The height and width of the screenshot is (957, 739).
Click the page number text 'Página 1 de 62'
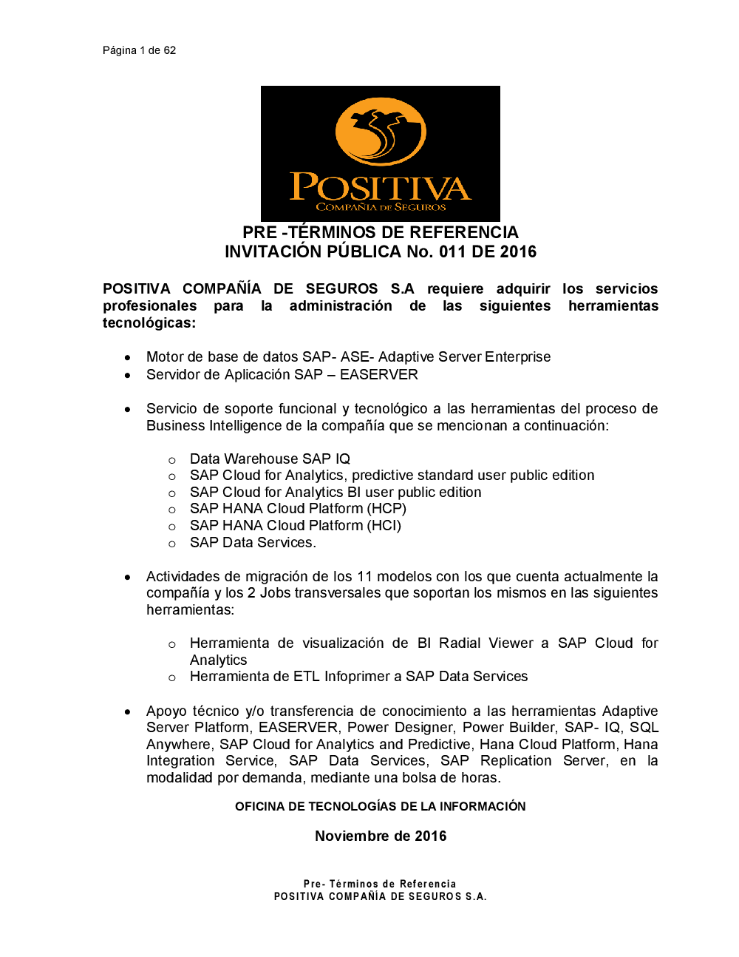139,50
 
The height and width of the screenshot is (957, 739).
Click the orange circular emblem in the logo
381,132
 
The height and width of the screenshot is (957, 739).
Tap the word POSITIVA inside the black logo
381,187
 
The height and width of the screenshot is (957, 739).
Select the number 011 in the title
453,252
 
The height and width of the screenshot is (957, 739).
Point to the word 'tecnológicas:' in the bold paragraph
149,323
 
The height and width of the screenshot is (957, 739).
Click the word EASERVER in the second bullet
379,375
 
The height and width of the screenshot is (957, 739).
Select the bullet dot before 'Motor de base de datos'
128,357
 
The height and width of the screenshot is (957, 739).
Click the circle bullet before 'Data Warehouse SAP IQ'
172,460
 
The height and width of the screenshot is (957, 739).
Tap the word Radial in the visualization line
460,643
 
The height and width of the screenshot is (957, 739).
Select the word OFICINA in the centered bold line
259,807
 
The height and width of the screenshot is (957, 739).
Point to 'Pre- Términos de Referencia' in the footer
380,884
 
